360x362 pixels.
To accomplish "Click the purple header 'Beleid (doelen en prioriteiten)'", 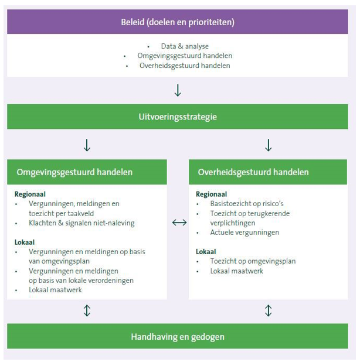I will (178, 23).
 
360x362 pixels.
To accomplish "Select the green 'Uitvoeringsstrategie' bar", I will (178, 117).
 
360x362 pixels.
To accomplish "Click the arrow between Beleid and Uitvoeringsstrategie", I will (178, 90).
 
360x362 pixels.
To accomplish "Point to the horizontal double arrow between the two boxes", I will (179, 223).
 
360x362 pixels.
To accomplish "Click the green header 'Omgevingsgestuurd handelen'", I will (75, 172).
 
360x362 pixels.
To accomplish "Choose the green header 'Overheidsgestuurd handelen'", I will (253, 172).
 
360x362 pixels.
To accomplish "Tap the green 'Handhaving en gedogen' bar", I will (178, 337).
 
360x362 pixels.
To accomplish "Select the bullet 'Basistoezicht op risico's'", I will (246, 204).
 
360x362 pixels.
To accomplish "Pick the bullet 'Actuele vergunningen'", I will (244, 232).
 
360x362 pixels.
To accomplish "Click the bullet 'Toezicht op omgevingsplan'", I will (253, 261).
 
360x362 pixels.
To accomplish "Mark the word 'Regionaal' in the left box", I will (30, 194).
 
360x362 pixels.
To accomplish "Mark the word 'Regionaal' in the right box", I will (212, 194).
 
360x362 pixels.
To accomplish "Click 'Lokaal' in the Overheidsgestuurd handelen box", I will (207, 251).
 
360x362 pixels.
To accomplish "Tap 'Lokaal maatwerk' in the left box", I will (55, 289).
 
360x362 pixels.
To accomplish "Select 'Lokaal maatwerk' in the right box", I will (237, 271).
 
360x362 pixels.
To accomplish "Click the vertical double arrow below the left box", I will (87, 310).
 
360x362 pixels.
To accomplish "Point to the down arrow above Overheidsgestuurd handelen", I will (268, 145).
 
